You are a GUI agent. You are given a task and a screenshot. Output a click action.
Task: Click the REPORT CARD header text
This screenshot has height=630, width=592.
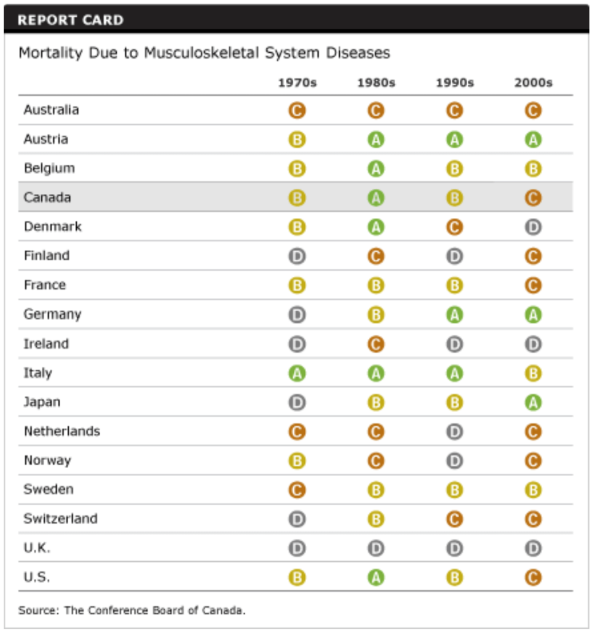(70, 20)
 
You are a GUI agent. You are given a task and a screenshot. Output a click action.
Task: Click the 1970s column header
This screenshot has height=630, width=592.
(297, 83)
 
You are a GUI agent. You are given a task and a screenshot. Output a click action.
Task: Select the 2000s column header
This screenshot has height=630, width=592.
(533, 83)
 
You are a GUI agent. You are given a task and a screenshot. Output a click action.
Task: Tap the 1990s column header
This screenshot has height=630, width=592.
(454, 83)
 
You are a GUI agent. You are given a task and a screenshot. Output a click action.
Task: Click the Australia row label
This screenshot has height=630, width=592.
(51, 110)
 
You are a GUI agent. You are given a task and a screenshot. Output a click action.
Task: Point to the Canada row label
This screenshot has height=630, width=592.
(47, 197)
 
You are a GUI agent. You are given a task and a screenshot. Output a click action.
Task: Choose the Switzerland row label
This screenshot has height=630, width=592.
(60, 519)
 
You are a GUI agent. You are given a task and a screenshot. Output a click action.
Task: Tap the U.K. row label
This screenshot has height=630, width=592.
(37, 548)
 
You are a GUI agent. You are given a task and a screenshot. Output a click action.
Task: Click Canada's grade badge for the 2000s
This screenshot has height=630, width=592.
(533, 198)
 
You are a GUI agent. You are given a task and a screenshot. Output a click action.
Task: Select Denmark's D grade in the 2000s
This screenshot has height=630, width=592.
(533, 227)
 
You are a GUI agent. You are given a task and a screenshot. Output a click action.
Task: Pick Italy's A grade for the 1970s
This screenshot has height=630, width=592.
(297, 373)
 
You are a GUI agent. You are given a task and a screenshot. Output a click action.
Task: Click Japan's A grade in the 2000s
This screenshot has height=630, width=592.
(533, 402)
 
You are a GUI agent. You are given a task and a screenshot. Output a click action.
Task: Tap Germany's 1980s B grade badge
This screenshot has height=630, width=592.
(376, 315)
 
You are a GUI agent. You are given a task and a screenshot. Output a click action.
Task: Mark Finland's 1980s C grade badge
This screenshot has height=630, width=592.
(376, 257)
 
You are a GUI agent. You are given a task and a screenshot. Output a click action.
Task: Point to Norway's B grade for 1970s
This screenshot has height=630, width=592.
(297, 461)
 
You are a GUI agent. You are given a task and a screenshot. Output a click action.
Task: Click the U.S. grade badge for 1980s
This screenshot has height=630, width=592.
(376, 578)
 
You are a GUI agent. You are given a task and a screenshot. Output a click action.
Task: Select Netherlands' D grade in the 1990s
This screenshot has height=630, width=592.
(454, 432)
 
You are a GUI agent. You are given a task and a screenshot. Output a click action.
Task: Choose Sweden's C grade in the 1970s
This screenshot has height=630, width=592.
(297, 490)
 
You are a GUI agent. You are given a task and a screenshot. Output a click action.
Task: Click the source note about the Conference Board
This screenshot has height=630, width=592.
(132, 611)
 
